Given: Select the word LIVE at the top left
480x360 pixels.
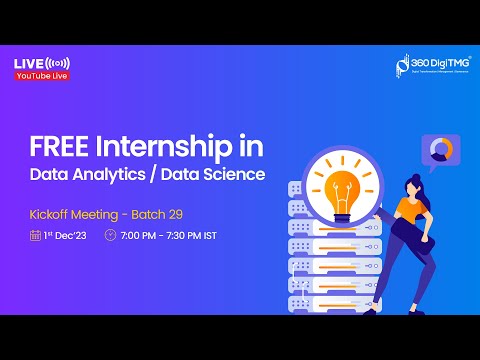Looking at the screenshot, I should click(x=28, y=63).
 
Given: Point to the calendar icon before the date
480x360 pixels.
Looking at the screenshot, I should click(x=35, y=236).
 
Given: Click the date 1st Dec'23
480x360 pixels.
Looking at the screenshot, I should click(x=66, y=236).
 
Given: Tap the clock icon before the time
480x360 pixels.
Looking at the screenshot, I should click(x=110, y=236).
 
